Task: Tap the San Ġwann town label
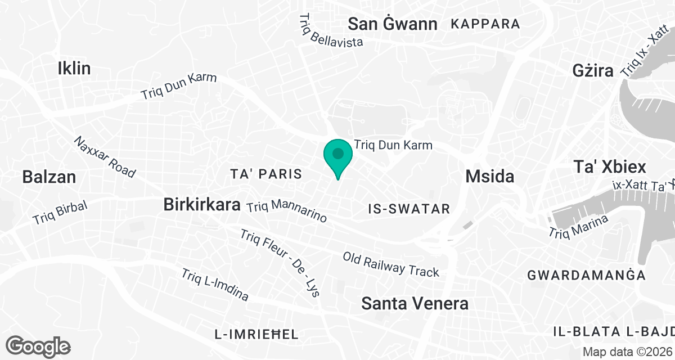pos(393,24)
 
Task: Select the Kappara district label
pos(485,24)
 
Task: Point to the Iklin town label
pos(74,69)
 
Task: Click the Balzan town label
pos(49,177)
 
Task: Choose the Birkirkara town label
pos(202,204)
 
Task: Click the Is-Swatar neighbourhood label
pos(409,209)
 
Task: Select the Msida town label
pos(490,177)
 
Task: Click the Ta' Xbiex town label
pos(609,167)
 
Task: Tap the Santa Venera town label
pos(415,304)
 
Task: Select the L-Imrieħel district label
pos(256,334)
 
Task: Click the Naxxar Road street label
pos(105,157)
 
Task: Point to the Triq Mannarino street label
pos(287,211)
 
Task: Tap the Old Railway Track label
pos(391,264)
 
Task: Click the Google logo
pos(39,345)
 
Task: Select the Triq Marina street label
pos(579,226)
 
